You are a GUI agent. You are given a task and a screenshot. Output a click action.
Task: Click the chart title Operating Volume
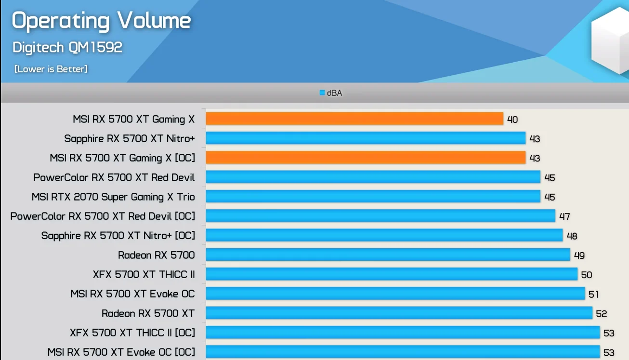click(101, 21)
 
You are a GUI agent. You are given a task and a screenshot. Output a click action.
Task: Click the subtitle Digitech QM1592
click(67, 47)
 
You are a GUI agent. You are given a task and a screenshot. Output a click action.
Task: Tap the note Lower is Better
click(51, 69)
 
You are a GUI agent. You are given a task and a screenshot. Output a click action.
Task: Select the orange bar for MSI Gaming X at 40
click(354, 119)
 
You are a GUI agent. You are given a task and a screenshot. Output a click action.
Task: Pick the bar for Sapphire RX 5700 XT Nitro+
click(366, 138)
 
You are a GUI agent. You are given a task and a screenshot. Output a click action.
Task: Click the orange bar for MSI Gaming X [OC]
click(366, 158)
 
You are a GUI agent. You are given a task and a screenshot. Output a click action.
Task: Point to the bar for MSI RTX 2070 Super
click(373, 197)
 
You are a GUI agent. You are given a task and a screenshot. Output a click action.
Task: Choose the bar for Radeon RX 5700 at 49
click(388, 255)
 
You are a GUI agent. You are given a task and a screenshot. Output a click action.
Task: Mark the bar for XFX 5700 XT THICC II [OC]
click(403, 333)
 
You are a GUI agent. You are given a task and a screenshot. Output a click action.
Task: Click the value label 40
click(512, 120)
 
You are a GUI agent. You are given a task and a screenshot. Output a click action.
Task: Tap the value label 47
click(564, 216)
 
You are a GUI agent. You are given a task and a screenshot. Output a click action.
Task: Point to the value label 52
click(602, 314)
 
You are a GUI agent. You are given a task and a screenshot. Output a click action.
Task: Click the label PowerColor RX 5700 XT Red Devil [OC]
click(103, 216)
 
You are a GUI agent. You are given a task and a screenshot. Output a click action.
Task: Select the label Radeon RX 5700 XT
click(148, 313)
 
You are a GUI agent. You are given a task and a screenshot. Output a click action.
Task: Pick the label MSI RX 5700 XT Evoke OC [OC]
click(121, 352)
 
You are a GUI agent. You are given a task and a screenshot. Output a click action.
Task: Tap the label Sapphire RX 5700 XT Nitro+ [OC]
click(118, 236)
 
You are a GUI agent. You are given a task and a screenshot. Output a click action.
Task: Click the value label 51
click(594, 294)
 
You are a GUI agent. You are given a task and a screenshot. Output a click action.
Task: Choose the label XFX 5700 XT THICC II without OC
click(144, 275)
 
